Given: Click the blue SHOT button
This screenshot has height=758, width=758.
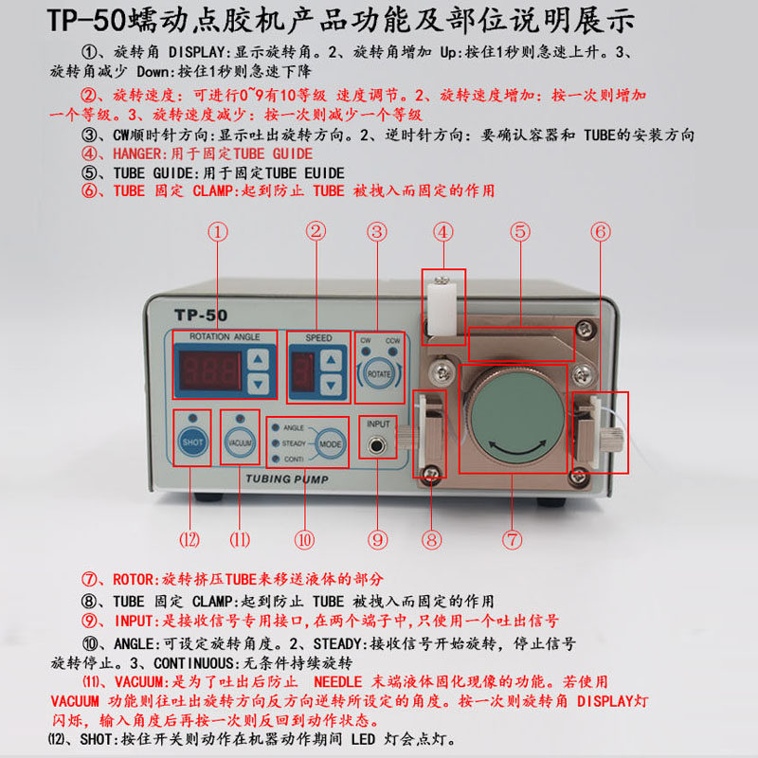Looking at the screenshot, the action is [192, 442].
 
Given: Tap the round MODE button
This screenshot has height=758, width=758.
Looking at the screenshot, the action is [331, 443].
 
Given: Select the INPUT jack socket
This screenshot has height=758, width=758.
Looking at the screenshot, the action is [376, 444].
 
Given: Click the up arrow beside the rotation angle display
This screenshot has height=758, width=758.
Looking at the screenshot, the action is [258, 360].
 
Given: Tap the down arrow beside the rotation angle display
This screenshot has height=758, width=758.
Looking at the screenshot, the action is [258, 385].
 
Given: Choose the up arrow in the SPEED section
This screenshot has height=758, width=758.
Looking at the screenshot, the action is [331, 360].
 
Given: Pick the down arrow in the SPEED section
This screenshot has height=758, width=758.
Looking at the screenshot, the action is [331, 386].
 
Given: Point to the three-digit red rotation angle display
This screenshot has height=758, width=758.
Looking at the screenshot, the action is [210, 371].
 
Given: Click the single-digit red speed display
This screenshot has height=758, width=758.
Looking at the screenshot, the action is [303, 372].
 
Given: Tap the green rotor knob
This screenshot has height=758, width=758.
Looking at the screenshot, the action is [517, 417].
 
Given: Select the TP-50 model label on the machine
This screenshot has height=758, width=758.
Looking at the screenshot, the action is [201, 316].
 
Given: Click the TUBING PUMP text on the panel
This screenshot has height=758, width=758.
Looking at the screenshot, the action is [287, 479].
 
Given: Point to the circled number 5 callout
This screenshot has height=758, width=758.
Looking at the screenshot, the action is [520, 231].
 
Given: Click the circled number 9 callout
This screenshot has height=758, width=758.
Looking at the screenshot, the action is [377, 539].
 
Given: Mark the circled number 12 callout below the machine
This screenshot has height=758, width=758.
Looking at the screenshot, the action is [189, 539].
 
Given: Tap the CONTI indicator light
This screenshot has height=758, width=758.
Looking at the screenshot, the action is [276, 459].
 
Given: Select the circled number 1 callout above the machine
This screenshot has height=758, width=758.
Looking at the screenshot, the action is [218, 232].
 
